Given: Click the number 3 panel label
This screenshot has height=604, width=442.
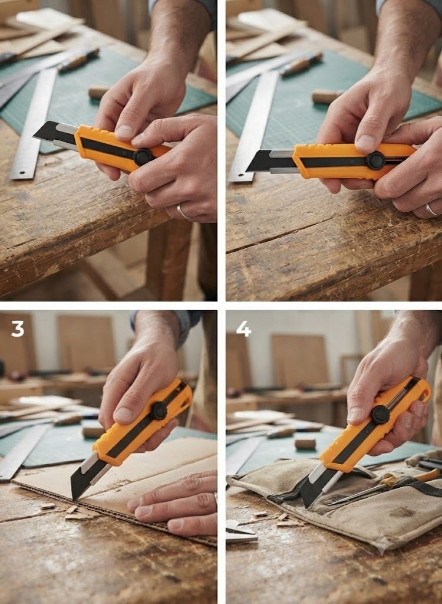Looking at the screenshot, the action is pos(18,329).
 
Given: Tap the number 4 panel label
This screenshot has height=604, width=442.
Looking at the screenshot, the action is pos(243,329).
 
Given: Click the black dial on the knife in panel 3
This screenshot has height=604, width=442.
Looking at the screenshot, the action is pos(159,411).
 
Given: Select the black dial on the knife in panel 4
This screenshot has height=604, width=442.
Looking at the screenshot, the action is pos(380,415).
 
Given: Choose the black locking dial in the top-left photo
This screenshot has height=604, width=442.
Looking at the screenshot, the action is pos(143,157).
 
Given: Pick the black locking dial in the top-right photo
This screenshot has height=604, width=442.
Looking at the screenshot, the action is pos(376,160).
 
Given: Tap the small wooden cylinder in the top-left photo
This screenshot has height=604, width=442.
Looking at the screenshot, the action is pos(98,91).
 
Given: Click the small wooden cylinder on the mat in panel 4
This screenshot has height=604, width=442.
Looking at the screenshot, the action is pos(305,444).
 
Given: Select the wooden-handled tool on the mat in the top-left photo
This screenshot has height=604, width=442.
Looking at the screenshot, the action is pos(78,59).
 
